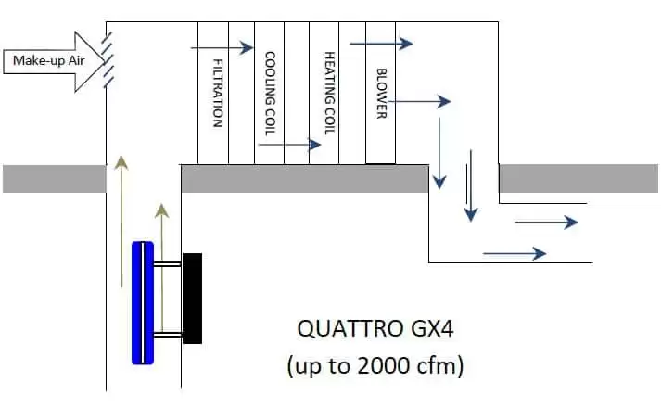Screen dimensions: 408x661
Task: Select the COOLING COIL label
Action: click(x=270, y=94)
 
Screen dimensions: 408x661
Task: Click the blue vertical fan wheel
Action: click(x=142, y=302)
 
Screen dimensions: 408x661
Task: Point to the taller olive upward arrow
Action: click(x=120, y=223)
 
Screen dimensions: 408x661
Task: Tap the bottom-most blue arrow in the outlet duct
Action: click(x=514, y=252)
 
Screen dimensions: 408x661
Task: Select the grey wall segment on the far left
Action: click(x=54, y=178)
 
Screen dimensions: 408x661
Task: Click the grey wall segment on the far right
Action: click(x=579, y=178)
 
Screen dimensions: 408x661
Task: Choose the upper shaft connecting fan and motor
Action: click(x=168, y=265)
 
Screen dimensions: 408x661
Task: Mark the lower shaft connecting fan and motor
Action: click(x=168, y=334)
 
